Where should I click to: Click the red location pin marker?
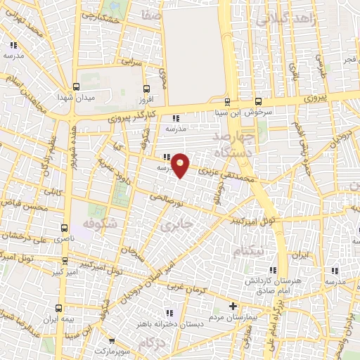pyautogui.click(x=181, y=165)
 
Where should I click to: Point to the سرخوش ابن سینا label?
pyautogui.click(x=259, y=111)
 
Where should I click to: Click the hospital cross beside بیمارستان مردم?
pyautogui.click(x=233, y=306)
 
